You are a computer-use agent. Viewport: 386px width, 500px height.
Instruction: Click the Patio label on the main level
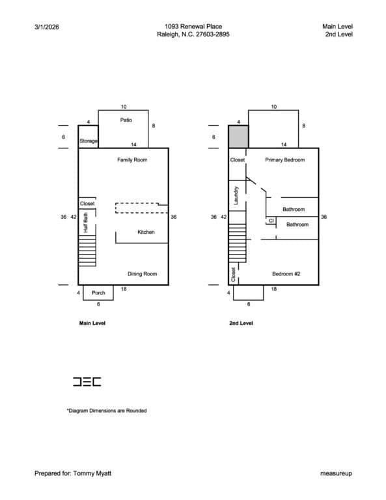pyautogui.click(x=126, y=120)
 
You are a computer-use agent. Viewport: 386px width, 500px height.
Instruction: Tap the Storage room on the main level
pyautogui.click(x=89, y=137)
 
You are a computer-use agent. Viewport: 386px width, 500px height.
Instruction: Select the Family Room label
pyautogui.click(x=132, y=160)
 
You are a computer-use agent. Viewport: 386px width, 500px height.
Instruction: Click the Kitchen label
pyautogui.click(x=146, y=232)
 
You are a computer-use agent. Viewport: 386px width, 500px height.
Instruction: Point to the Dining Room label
pyautogui.click(x=142, y=274)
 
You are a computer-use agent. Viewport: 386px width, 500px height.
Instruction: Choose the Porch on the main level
pyautogui.click(x=98, y=293)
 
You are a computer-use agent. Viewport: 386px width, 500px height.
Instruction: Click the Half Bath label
pyautogui.click(x=86, y=223)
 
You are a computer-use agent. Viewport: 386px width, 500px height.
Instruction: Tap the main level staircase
pyautogui.click(x=87, y=251)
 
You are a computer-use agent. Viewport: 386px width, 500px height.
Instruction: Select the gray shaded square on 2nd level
pyautogui.click(x=238, y=137)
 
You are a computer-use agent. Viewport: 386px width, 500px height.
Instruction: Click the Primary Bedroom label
pyautogui.click(x=285, y=160)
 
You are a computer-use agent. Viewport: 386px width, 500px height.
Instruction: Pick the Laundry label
pyautogui.click(x=236, y=195)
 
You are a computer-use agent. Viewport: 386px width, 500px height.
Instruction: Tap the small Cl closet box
pyautogui.click(x=271, y=221)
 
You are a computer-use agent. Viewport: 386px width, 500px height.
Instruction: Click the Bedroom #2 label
pyautogui.click(x=286, y=274)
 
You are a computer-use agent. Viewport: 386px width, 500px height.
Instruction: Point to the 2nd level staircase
pyautogui.click(x=238, y=243)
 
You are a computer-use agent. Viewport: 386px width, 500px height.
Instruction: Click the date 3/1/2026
pyautogui.click(x=46, y=27)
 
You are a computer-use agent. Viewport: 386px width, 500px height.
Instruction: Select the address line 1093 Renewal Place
pyautogui.click(x=193, y=27)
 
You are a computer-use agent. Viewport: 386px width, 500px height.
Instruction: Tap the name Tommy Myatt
pyautogui.click(x=92, y=473)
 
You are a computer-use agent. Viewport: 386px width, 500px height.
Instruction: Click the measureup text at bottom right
pyautogui.click(x=337, y=473)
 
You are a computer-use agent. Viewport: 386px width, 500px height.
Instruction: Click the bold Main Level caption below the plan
pyautogui.click(x=92, y=323)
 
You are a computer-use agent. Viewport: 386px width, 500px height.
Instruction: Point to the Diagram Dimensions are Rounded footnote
pyautogui.click(x=107, y=411)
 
